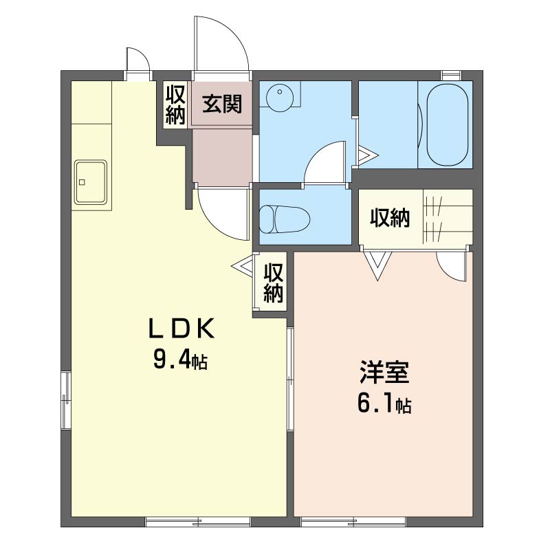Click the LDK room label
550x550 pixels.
click(181, 329)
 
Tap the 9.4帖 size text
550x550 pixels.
click(180, 360)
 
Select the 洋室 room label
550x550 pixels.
click(384, 372)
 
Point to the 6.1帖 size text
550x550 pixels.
click(384, 404)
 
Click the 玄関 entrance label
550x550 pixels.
click(222, 104)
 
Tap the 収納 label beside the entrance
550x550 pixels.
click(175, 104)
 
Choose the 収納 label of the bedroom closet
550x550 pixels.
click(390, 218)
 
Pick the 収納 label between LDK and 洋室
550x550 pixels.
click(273, 283)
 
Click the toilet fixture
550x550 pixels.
click(285, 219)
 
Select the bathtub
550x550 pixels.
click(448, 124)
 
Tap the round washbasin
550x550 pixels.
click(279, 97)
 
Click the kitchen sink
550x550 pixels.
click(91, 182)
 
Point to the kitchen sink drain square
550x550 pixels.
click(82, 182)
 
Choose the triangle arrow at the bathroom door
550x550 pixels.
click(367, 155)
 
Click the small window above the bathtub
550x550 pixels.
click(451, 75)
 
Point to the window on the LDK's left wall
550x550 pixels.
click(66, 400)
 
